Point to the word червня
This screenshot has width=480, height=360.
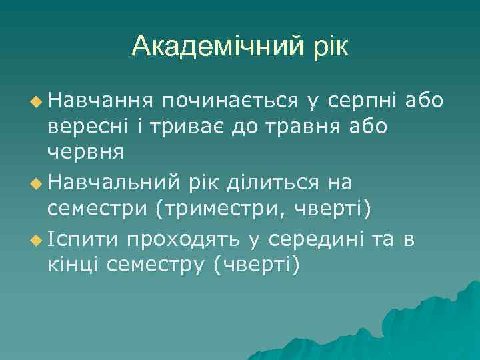pos(85,151)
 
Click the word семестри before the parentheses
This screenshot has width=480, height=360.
pos(97,207)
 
